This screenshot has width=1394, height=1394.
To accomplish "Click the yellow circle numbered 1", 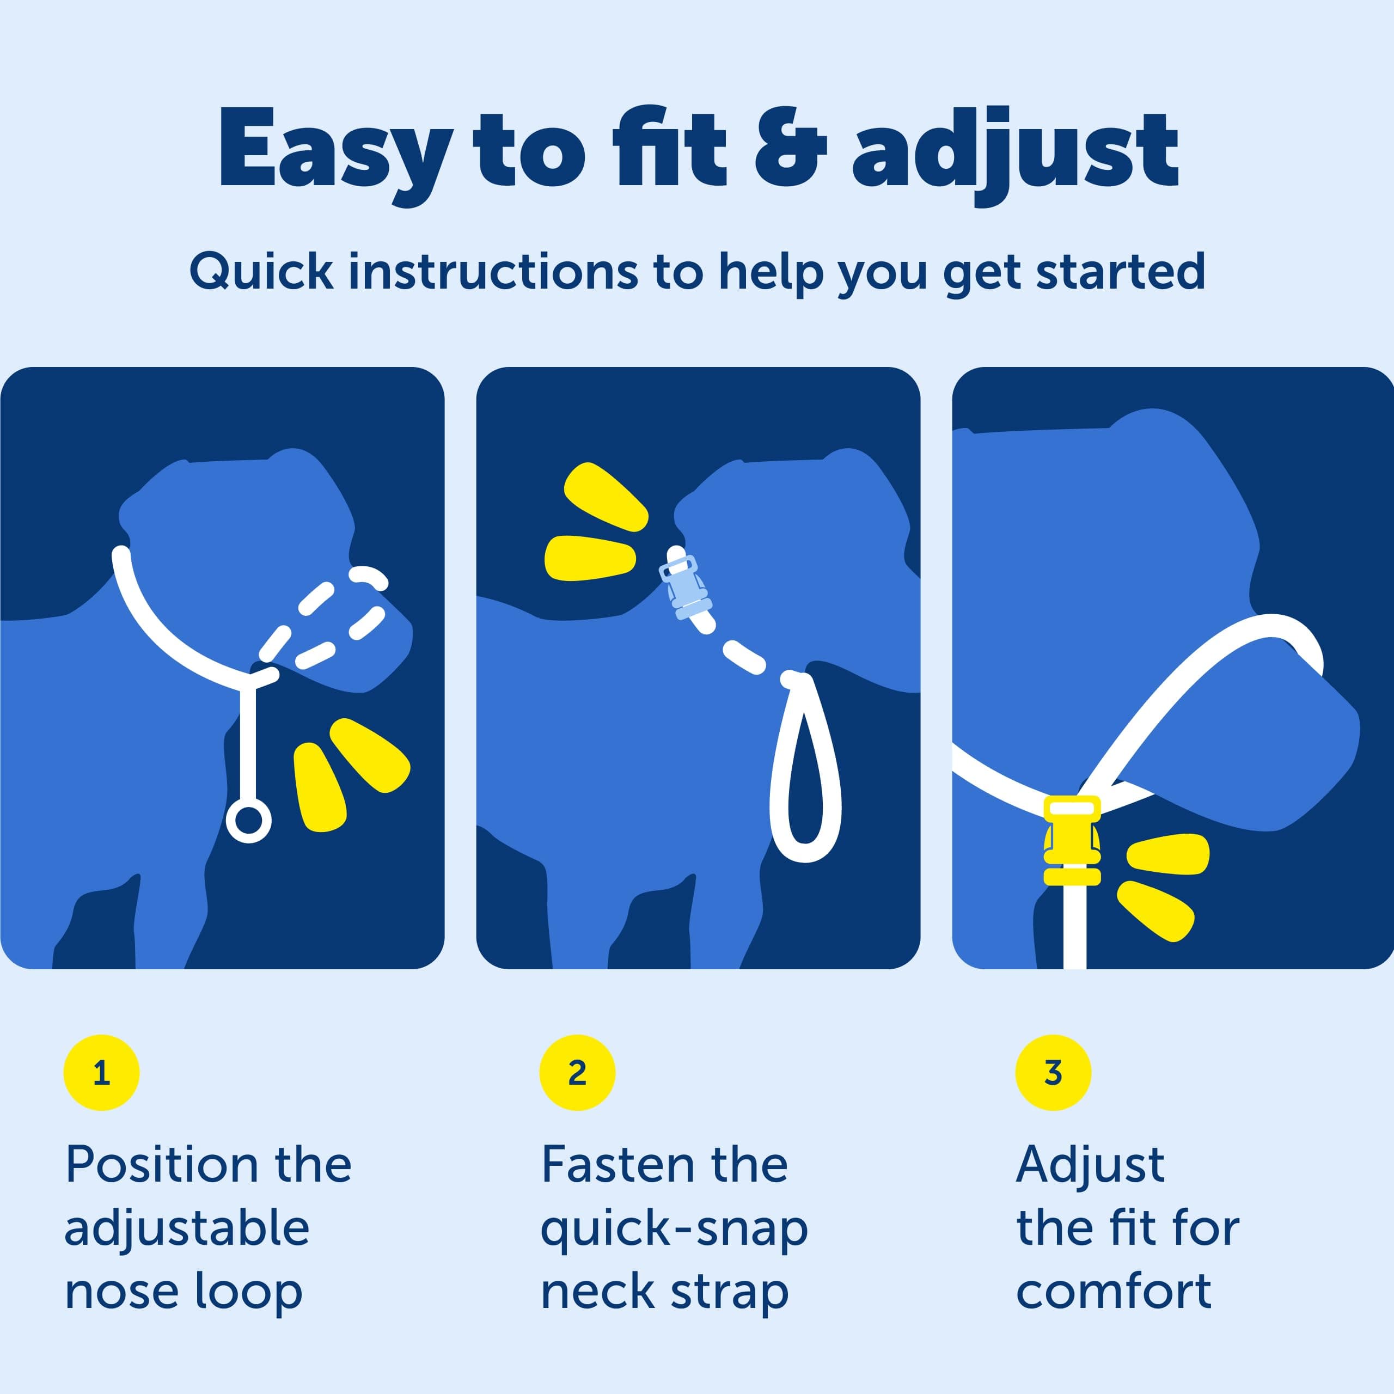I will pos(101,1073).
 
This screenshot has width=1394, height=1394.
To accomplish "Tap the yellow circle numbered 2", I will pos(577,1073).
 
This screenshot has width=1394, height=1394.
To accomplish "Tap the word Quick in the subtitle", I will pos(261,273).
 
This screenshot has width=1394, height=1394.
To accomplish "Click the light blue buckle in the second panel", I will pos(684,588).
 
